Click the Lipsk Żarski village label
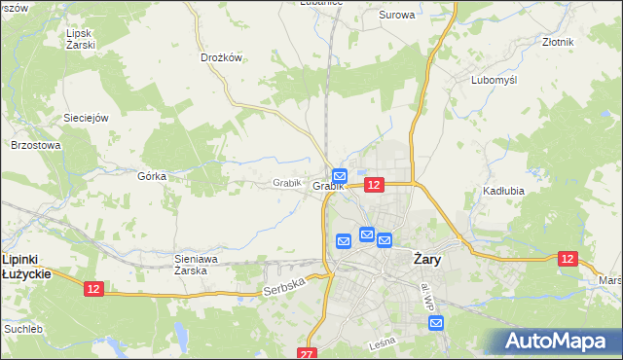click(80, 39)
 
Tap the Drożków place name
click(220, 57)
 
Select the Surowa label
click(396, 15)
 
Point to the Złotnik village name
click(558, 43)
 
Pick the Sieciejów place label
click(85, 118)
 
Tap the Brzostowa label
click(36, 145)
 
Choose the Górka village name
click(152, 176)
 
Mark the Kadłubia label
click(503, 191)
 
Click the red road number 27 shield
click(309, 353)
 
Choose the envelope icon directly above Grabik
click(339, 174)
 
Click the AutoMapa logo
click(559, 342)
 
